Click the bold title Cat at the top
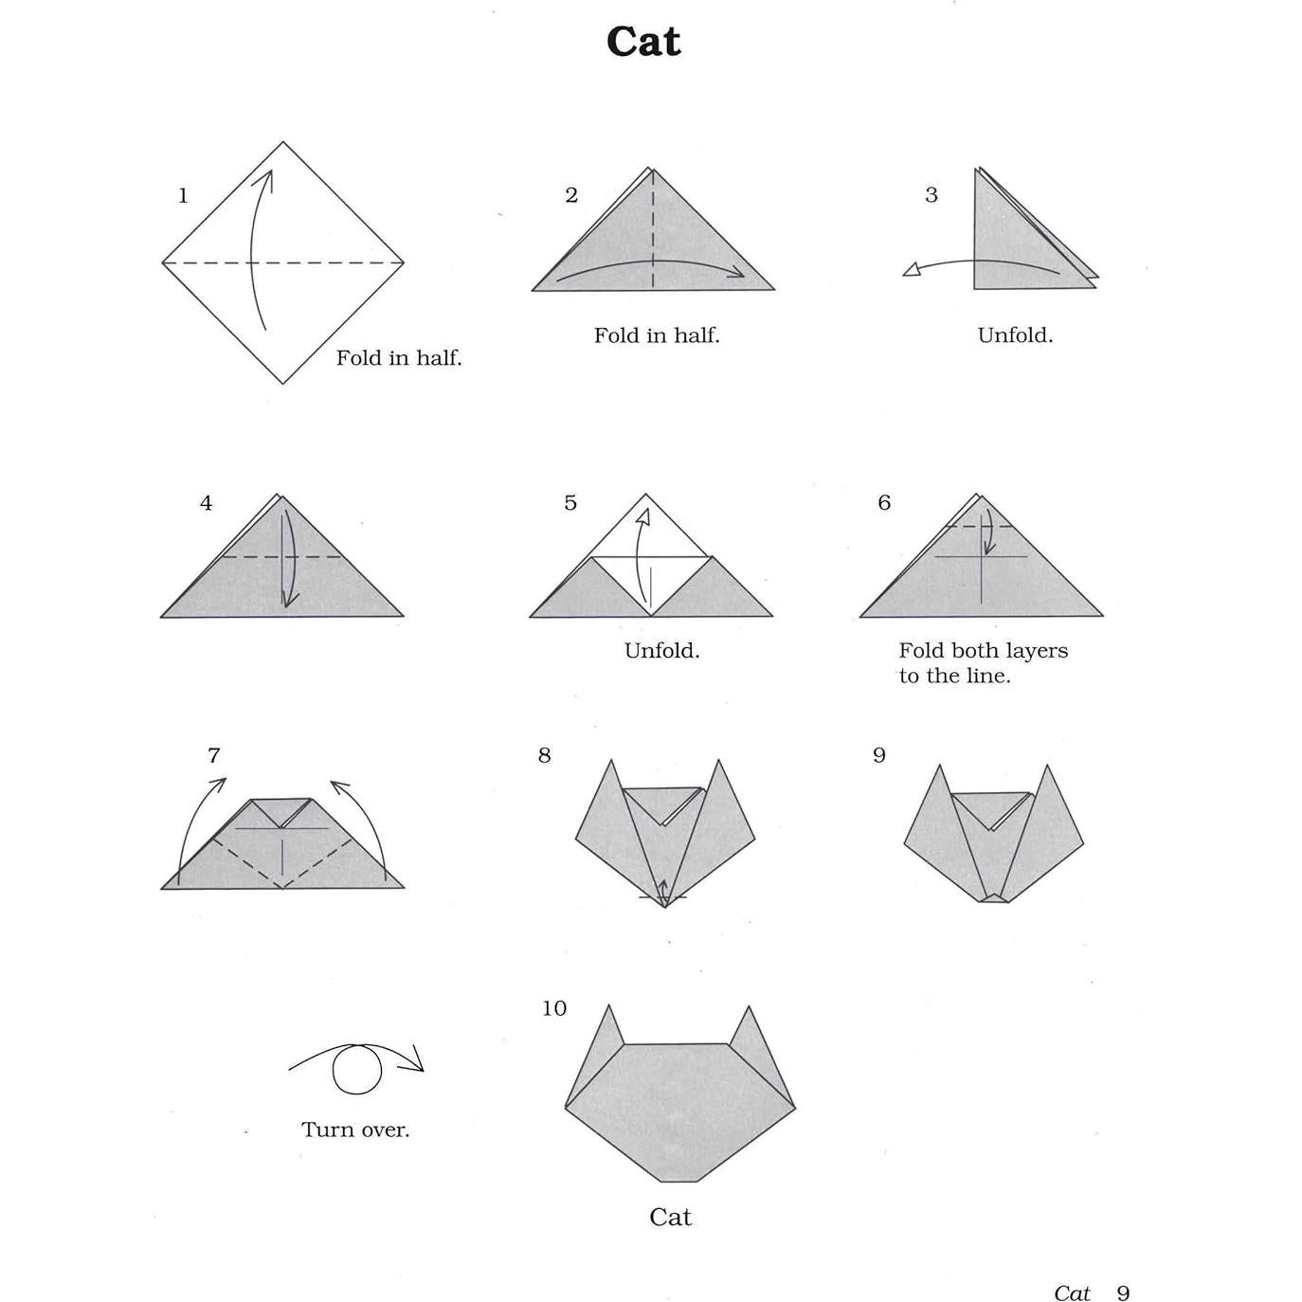[643, 43]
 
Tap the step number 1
[183, 196]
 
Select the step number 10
[554, 1008]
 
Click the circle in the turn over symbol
[357, 1070]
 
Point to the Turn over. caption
[355, 1130]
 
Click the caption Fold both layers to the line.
[983, 663]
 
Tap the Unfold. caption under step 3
[1015, 335]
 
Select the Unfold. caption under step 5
[661, 651]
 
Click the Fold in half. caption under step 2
[657, 335]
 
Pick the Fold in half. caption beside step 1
[399, 358]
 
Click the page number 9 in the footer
[1123, 1293]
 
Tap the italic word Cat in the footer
[1072, 1293]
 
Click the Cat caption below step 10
[670, 1218]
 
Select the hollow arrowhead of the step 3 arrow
[912, 271]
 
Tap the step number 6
[884, 502]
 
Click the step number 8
[544, 755]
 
